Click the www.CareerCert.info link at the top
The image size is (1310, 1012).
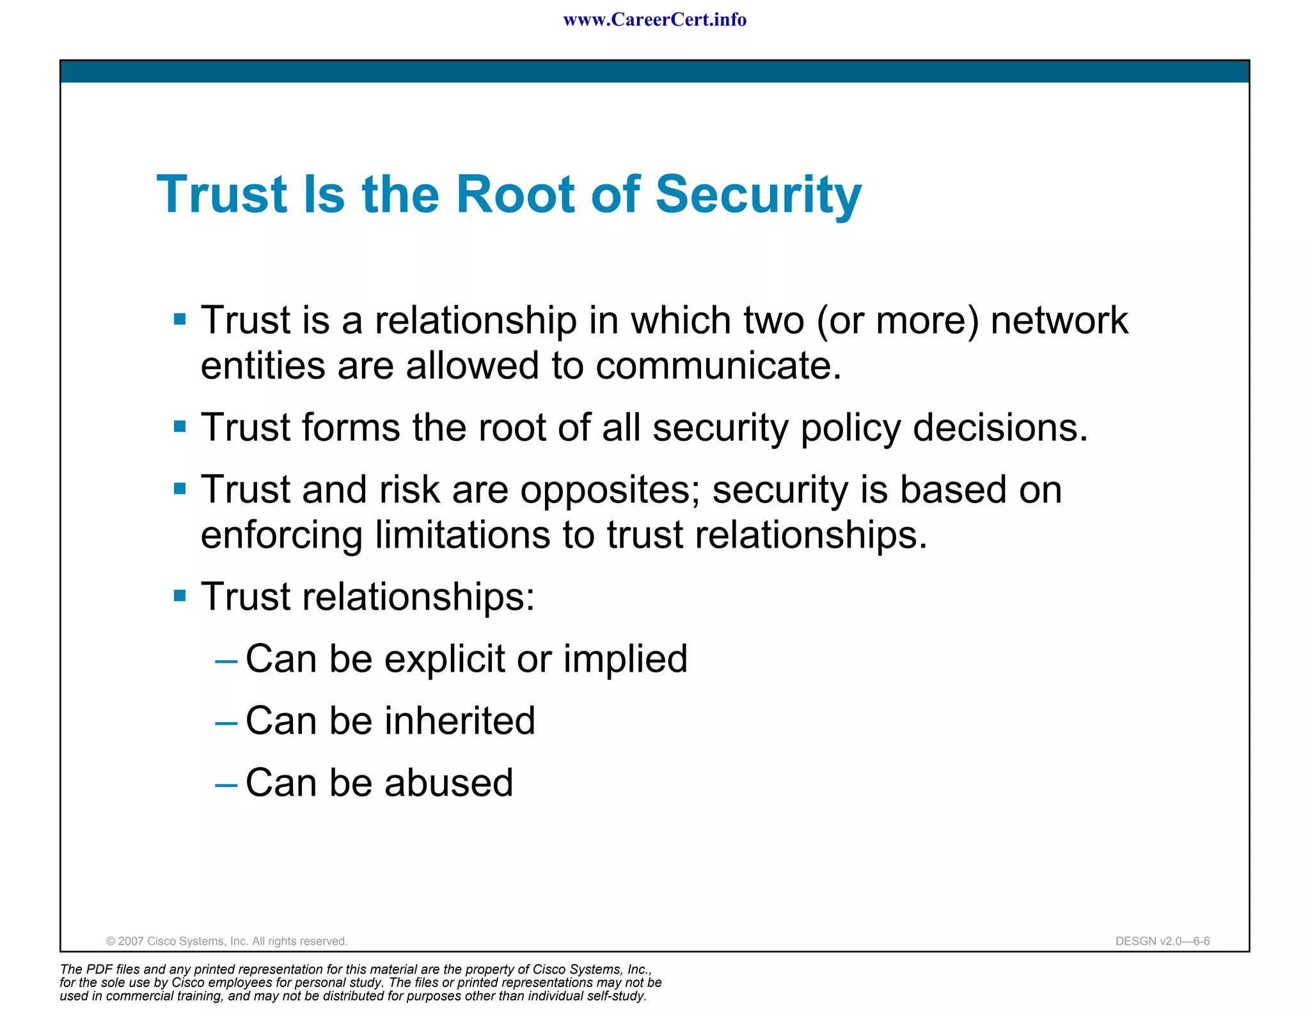click(654, 20)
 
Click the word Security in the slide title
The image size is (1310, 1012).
click(759, 194)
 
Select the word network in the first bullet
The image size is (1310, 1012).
click(1059, 320)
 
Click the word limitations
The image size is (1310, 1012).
click(462, 534)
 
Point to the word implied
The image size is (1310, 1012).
click(625, 659)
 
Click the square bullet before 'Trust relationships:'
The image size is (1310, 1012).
click(180, 596)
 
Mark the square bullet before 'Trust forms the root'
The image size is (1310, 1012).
click(180, 426)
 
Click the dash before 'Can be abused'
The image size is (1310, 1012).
click(226, 784)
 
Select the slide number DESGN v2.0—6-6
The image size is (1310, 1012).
click(1162, 941)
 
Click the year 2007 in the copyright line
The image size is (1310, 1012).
click(131, 941)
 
